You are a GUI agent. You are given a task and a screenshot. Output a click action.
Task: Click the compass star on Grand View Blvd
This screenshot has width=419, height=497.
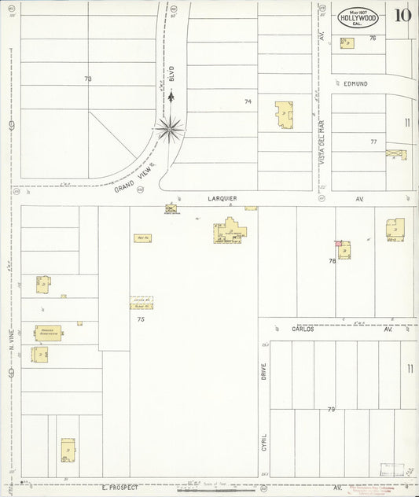coord(169,127)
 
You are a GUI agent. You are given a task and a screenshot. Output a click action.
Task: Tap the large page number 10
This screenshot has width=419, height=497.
coord(402,15)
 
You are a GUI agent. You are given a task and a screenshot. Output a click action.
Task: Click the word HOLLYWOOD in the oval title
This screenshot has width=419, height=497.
coord(358,17)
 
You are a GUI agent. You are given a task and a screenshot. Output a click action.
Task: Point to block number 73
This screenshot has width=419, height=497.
coord(88,79)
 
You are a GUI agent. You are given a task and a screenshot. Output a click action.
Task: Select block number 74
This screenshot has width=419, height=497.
coord(248,101)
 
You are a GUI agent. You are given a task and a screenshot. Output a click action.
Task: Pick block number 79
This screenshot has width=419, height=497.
coord(331,409)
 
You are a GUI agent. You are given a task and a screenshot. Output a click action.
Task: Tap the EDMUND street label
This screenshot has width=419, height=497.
coord(355,83)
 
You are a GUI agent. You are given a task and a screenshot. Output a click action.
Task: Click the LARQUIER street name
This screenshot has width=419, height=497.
coord(222,198)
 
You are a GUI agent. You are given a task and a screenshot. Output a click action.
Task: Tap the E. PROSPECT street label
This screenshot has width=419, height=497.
coord(120,487)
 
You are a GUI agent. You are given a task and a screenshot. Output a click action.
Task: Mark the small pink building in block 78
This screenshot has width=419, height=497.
coord(339,244)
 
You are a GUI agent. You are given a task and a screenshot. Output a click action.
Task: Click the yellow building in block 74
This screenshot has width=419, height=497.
coord(283,115)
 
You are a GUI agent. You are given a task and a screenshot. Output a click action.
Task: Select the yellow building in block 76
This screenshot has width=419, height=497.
coord(347,43)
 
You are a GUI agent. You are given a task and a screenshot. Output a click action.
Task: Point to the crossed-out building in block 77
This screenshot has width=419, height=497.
coord(396,154)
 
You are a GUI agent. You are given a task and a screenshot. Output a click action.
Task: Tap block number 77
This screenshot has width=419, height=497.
coord(373,142)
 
